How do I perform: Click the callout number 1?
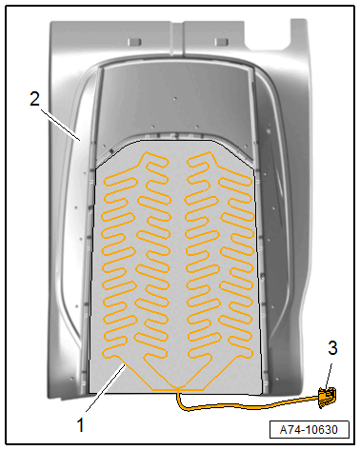click(81, 425)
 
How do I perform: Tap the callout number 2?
click(35, 98)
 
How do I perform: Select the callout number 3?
click(332, 348)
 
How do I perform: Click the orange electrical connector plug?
click(327, 398)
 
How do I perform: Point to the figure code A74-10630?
click(309, 430)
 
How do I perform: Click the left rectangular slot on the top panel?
click(134, 42)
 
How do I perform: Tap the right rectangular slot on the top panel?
click(221, 42)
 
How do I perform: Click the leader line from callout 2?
click(60, 125)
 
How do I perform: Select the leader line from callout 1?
click(106, 388)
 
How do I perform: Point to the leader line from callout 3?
click(329, 376)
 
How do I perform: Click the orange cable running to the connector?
click(248, 405)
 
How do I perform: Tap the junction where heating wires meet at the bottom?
click(177, 388)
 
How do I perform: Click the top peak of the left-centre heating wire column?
click(147, 153)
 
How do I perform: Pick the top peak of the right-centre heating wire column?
click(210, 153)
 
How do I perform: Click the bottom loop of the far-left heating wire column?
click(113, 353)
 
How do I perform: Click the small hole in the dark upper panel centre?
click(174, 99)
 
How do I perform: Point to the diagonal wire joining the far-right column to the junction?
click(220, 373)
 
